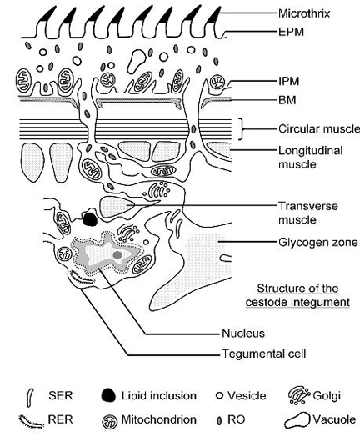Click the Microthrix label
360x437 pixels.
pyautogui.click(x=304, y=13)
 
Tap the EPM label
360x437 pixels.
pyautogui.click(x=291, y=32)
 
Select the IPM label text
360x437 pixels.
pyautogui.click(x=288, y=82)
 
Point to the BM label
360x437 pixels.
pyautogui.click(x=287, y=100)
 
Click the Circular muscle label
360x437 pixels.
pyautogui.click(x=319, y=128)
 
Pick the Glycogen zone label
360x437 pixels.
pyautogui.click(x=318, y=242)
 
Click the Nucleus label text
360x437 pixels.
pyautogui.click(x=243, y=334)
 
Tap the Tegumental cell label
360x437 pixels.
pyautogui.click(x=263, y=354)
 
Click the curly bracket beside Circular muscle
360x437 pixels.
pyautogui.click(x=242, y=128)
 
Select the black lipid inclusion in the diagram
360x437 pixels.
pyautogui.click(x=90, y=219)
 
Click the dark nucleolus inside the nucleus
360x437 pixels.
pyautogui.click(x=117, y=254)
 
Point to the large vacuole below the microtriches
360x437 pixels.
pyautogui.click(x=136, y=61)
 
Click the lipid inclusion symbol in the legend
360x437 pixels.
pyautogui.click(x=108, y=395)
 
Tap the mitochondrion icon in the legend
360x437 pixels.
pyautogui.click(x=110, y=422)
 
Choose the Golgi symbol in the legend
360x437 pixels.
pyautogui.click(x=299, y=395)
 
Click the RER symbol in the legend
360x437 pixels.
pyautogui.click(x=32, y=422)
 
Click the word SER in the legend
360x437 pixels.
pyautogui.click(x=61, y=395)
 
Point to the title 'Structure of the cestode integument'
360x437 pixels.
pyautogui.click(x=297, y=295)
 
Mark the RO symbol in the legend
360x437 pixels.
pyautogui.click(x=220, y=420)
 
